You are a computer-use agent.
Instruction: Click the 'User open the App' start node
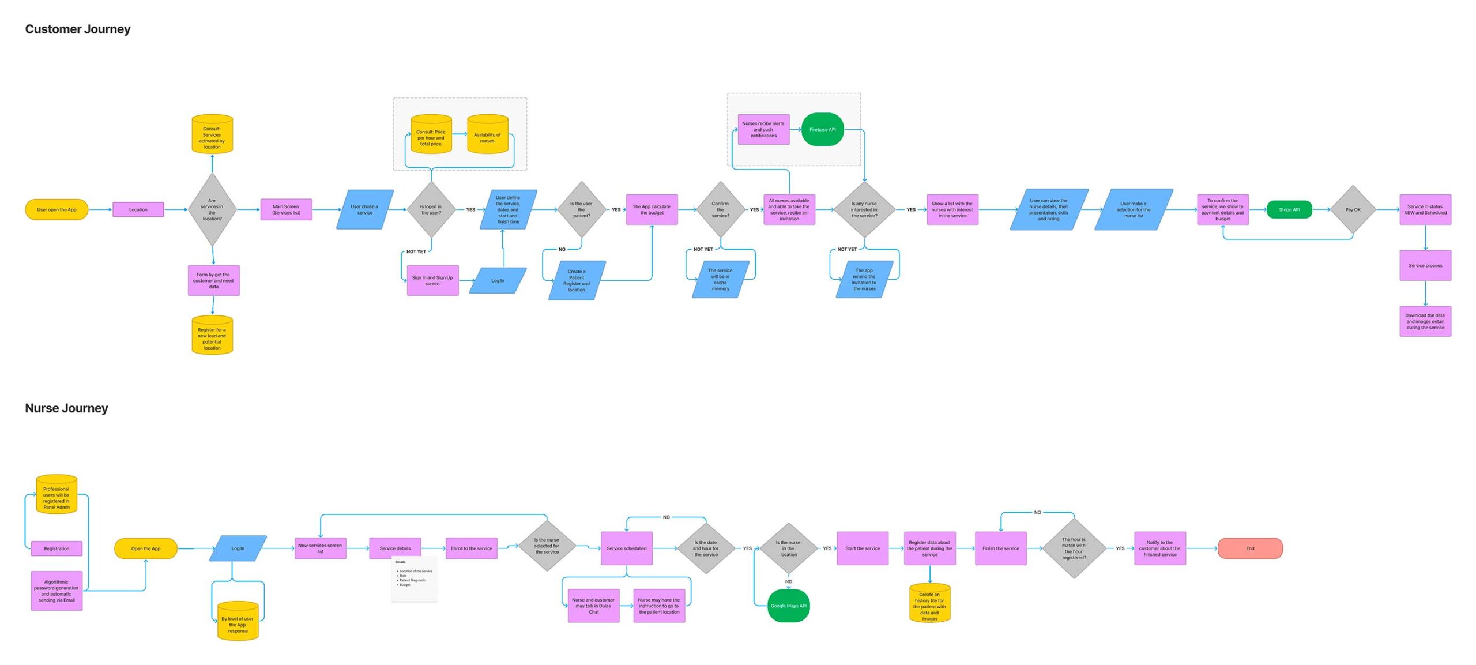57,209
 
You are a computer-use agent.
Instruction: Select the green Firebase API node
822,129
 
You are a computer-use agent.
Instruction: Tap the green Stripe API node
1289,209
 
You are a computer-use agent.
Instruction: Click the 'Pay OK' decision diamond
1353,209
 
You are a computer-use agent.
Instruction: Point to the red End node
1249,548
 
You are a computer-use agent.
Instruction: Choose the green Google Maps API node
788,606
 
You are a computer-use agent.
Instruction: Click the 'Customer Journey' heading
78,29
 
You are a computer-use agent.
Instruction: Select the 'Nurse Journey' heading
66,408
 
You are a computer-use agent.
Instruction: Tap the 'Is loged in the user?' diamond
431,209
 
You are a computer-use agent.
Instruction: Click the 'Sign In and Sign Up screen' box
432,280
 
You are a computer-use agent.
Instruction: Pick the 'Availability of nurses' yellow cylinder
487,135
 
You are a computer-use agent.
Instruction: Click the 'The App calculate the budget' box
652,209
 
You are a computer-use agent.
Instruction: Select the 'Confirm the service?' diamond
720,209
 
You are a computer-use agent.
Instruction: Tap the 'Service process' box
1425,265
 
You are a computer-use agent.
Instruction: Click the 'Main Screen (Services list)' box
286,209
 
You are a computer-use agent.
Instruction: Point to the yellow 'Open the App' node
145,548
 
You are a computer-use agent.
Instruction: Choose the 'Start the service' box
863,548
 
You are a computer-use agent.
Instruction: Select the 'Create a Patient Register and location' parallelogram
577,280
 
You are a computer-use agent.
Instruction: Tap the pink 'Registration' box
57,548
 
